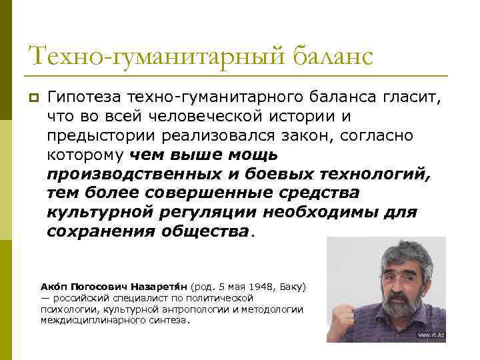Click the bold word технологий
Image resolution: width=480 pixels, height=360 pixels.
(376, 175)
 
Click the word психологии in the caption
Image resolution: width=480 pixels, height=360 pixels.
(65, 309)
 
